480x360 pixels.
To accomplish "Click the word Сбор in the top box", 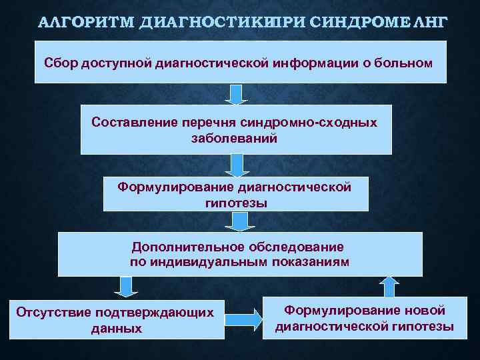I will [61, 63].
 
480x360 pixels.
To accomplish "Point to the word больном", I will [406, 63].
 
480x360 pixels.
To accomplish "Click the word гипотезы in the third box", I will [236, 202].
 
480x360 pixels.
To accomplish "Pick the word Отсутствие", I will [54, 312].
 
